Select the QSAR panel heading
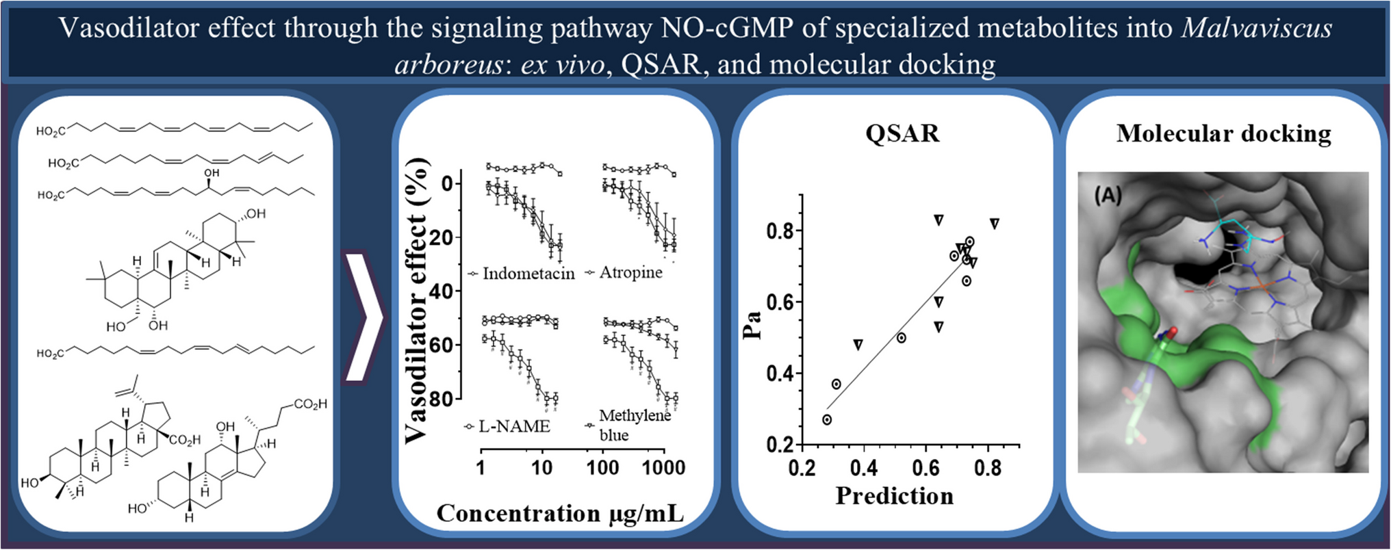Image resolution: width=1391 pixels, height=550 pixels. tap(902, 133)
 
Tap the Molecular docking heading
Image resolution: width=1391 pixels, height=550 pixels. tap(1223, 133)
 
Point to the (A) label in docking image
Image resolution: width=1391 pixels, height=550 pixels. tap(1108, 196)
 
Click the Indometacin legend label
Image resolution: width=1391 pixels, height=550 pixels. tap(528, 274)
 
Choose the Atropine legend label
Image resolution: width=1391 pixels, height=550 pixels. tap(630, 272)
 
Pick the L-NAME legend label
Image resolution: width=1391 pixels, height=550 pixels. tap(513, 426)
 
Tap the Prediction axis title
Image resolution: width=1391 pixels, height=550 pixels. tap(894, 495)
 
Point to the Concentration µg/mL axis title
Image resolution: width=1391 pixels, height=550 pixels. tap(560, 513)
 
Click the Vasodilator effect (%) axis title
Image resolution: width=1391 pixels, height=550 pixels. tap(417, 301)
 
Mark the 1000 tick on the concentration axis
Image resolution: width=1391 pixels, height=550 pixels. tap(663, 468)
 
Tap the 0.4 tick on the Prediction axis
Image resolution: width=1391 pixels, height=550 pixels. tap(864, 468)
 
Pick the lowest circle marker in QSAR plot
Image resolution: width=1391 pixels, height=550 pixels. tap(827, 419)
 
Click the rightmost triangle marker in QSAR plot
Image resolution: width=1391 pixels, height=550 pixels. tap(995, 224)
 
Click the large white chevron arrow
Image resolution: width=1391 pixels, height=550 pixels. tap(363, 317)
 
